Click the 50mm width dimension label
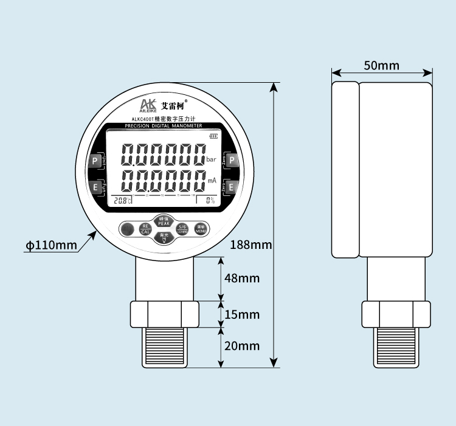382,65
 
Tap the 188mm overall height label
251,245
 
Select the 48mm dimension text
241,278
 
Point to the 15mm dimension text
241,315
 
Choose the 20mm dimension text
241,346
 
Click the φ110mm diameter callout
51,245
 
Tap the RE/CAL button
145,229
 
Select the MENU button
200,229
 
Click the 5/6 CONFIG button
182,229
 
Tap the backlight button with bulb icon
164,238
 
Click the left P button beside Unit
95,161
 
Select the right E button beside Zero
232,187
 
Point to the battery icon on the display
212,136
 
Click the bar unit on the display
211,159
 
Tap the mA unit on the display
212,181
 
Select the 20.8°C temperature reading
122,200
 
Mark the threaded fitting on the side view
396,347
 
